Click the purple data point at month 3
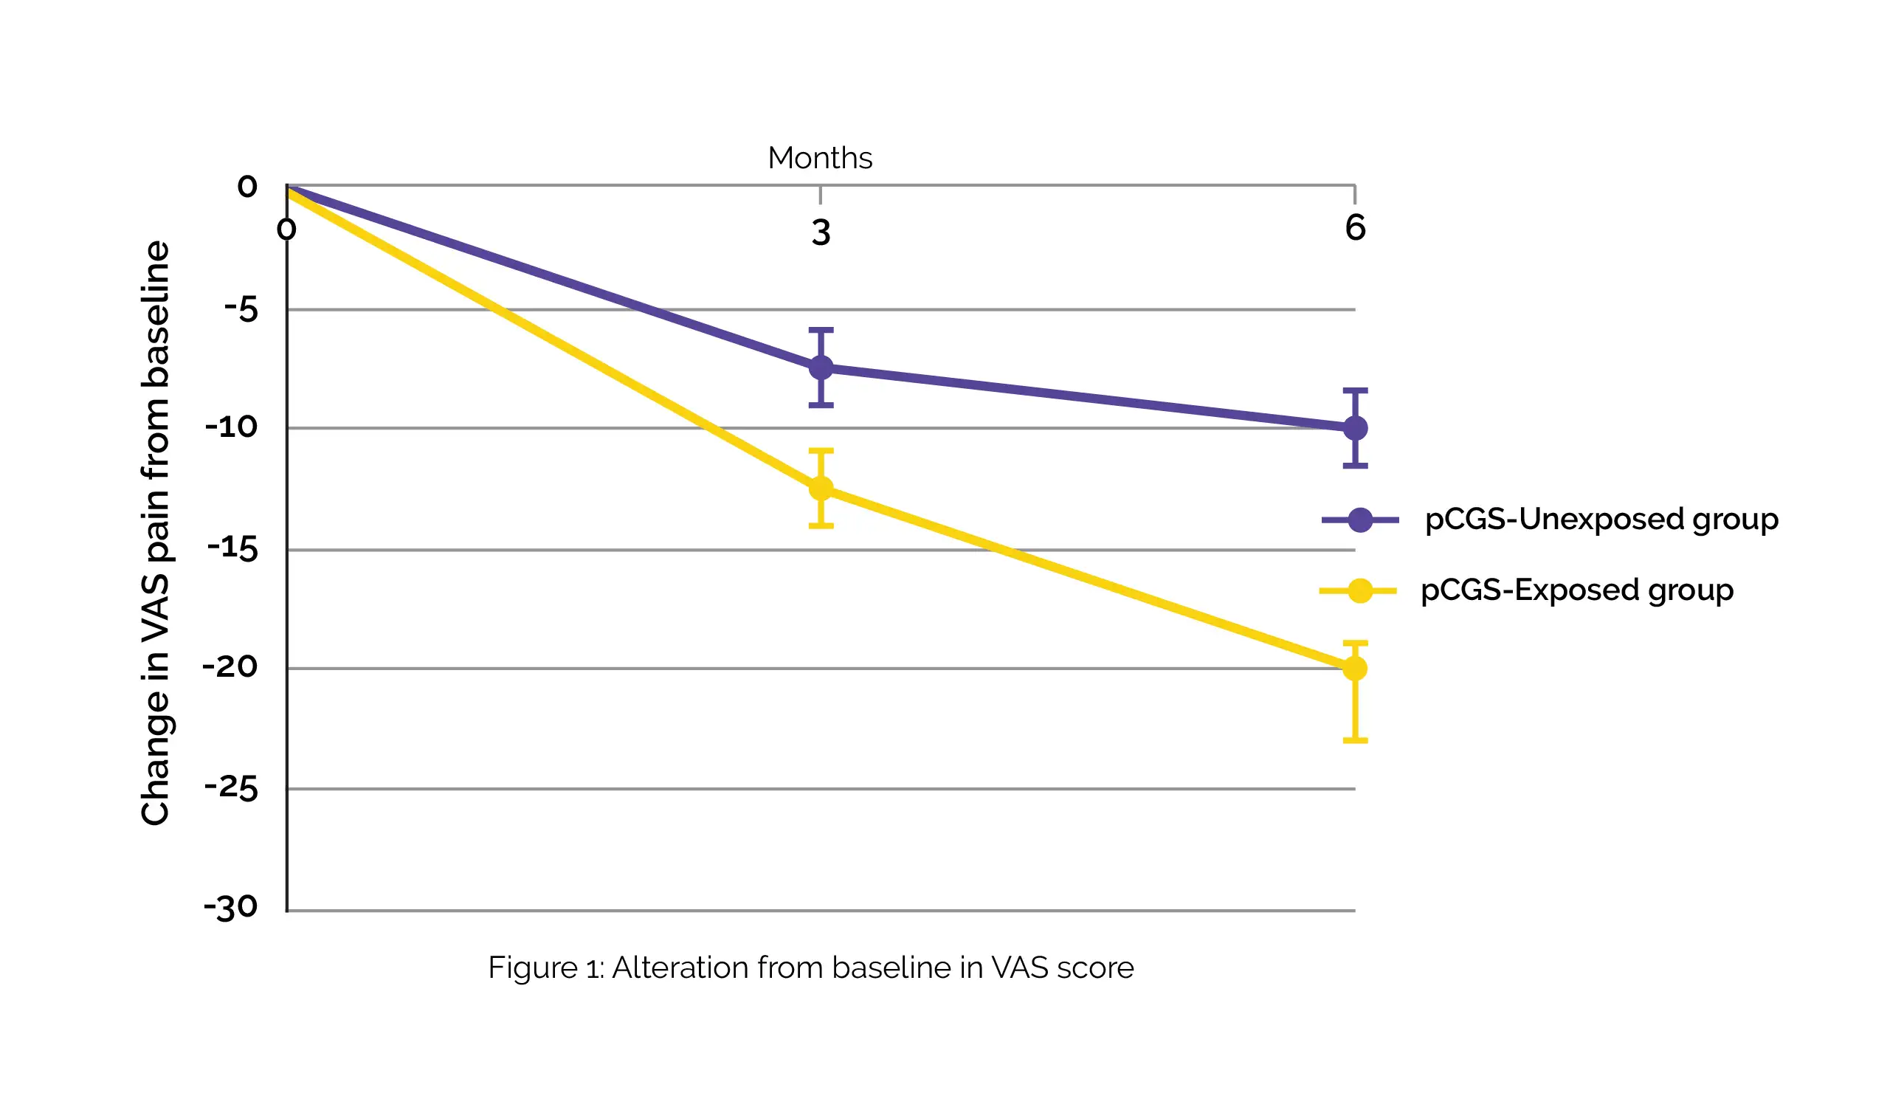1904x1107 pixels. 821,368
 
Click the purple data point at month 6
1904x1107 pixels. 1355,429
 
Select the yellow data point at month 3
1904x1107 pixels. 821,489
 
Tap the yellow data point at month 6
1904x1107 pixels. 1355,669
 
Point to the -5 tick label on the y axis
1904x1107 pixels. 241,310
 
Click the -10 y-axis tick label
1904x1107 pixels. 232,428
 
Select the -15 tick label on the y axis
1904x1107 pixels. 232,548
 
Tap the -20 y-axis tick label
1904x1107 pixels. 230,667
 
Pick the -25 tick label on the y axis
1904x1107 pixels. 231,788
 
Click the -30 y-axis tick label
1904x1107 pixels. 231,907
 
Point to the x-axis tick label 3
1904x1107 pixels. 821,232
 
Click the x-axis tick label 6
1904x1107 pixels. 1355,227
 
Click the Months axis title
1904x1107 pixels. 820,158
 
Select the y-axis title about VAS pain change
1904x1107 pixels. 156,533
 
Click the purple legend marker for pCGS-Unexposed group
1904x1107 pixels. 1360,520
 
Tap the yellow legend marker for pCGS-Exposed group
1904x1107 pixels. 1360,591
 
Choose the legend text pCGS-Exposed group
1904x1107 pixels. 1577,591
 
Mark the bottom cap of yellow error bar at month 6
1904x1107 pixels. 1355,740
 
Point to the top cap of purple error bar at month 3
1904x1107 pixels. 821,330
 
